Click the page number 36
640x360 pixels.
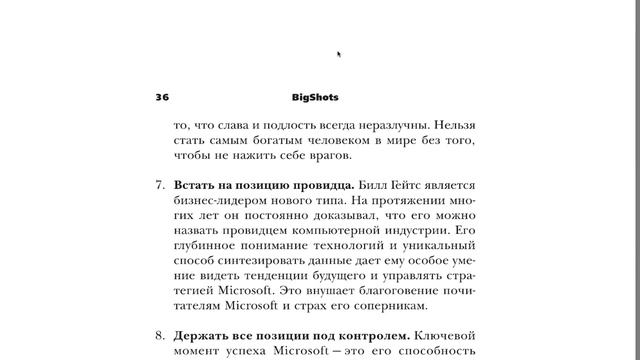coord(162,98)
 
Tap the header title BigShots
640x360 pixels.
coord(315,98)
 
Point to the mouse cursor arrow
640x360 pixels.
coord(339,54)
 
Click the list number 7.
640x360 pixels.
coord(160,186)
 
